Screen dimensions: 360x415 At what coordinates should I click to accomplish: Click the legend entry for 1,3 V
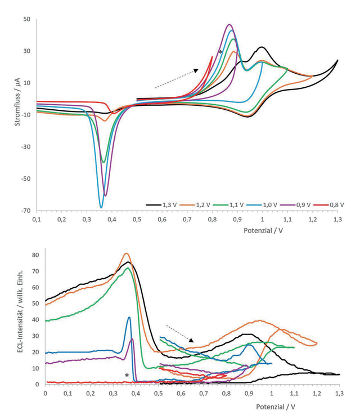pos(161,205)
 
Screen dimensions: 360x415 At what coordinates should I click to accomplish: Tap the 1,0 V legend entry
pos(262,205)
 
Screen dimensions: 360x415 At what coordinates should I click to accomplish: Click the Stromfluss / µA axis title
pos(17,101)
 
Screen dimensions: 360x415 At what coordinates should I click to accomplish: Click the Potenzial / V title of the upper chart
pos(263,230)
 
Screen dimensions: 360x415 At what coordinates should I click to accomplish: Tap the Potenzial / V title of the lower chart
pos(276,407)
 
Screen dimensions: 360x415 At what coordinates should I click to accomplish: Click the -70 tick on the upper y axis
pos(26,211)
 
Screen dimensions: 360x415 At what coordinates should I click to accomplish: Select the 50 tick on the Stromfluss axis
pos(27,19)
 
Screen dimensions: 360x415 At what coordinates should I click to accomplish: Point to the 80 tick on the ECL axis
pos(35,255)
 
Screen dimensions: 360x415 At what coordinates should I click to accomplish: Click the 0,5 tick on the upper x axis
pos(137,220)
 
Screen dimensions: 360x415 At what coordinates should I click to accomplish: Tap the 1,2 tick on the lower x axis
pos(317,394)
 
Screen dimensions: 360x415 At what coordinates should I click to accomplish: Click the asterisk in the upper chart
pos(220,52)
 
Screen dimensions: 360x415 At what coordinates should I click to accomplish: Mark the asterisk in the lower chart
pos(127,375)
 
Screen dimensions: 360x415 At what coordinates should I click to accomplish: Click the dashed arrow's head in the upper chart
pos(196,70)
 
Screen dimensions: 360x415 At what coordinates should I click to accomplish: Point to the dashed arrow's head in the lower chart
pos(191,340)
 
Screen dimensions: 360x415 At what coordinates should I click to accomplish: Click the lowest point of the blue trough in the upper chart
pos(101,207)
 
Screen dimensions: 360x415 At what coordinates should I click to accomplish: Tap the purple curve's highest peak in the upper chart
pos(229,25)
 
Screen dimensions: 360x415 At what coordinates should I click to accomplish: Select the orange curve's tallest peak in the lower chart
pos(127,253)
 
